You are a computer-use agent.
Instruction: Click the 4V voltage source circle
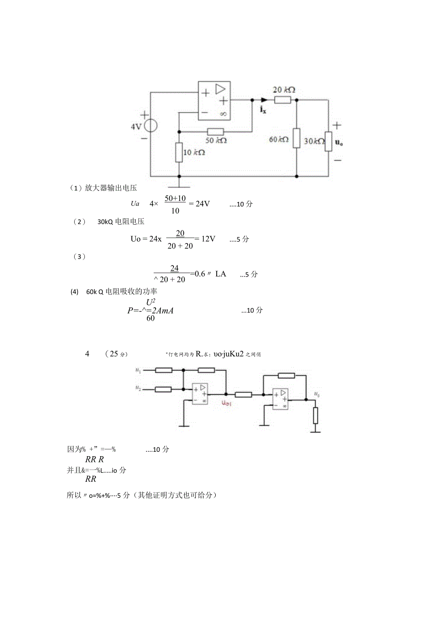click(150, 126)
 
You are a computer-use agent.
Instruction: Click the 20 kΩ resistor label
click(284, 90)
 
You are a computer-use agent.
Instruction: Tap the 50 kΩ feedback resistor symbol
click(215, 131)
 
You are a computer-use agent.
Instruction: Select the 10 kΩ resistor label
click(193, 152)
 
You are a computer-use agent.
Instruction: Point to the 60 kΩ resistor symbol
click(296, 138)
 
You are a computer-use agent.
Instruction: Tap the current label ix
click(263, 110)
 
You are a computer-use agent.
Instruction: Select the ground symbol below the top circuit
click(179, 184)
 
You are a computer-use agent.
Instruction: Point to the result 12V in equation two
click(207, 239)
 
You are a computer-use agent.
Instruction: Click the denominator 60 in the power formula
click(150, 319)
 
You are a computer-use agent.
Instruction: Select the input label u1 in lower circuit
click(138, 370)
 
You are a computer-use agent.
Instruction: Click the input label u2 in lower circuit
click(138, 388)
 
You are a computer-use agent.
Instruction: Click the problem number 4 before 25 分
click(87, 354)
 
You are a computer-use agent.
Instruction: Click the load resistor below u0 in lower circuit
click(316, 415)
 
